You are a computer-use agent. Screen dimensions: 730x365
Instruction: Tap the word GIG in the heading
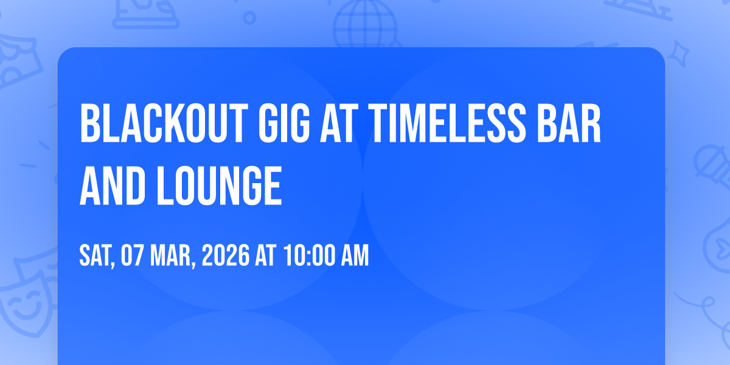284,123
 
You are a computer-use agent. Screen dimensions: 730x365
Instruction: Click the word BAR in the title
569,123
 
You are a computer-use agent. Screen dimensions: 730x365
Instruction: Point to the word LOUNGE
220,186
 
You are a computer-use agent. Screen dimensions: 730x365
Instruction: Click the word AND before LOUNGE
113,186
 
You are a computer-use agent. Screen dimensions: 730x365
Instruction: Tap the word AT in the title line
337,123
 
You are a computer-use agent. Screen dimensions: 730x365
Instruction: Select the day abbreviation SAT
97,255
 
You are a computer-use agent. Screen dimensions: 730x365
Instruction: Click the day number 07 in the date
132,255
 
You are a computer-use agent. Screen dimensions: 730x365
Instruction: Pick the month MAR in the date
172,255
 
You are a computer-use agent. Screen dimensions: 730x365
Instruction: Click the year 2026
226,255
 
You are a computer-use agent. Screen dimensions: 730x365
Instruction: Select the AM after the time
355,255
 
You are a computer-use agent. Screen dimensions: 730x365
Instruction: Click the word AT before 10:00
266,255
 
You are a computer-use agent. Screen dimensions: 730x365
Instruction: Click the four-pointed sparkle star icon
678,54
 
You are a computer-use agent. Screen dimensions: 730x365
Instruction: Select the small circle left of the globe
249,18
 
